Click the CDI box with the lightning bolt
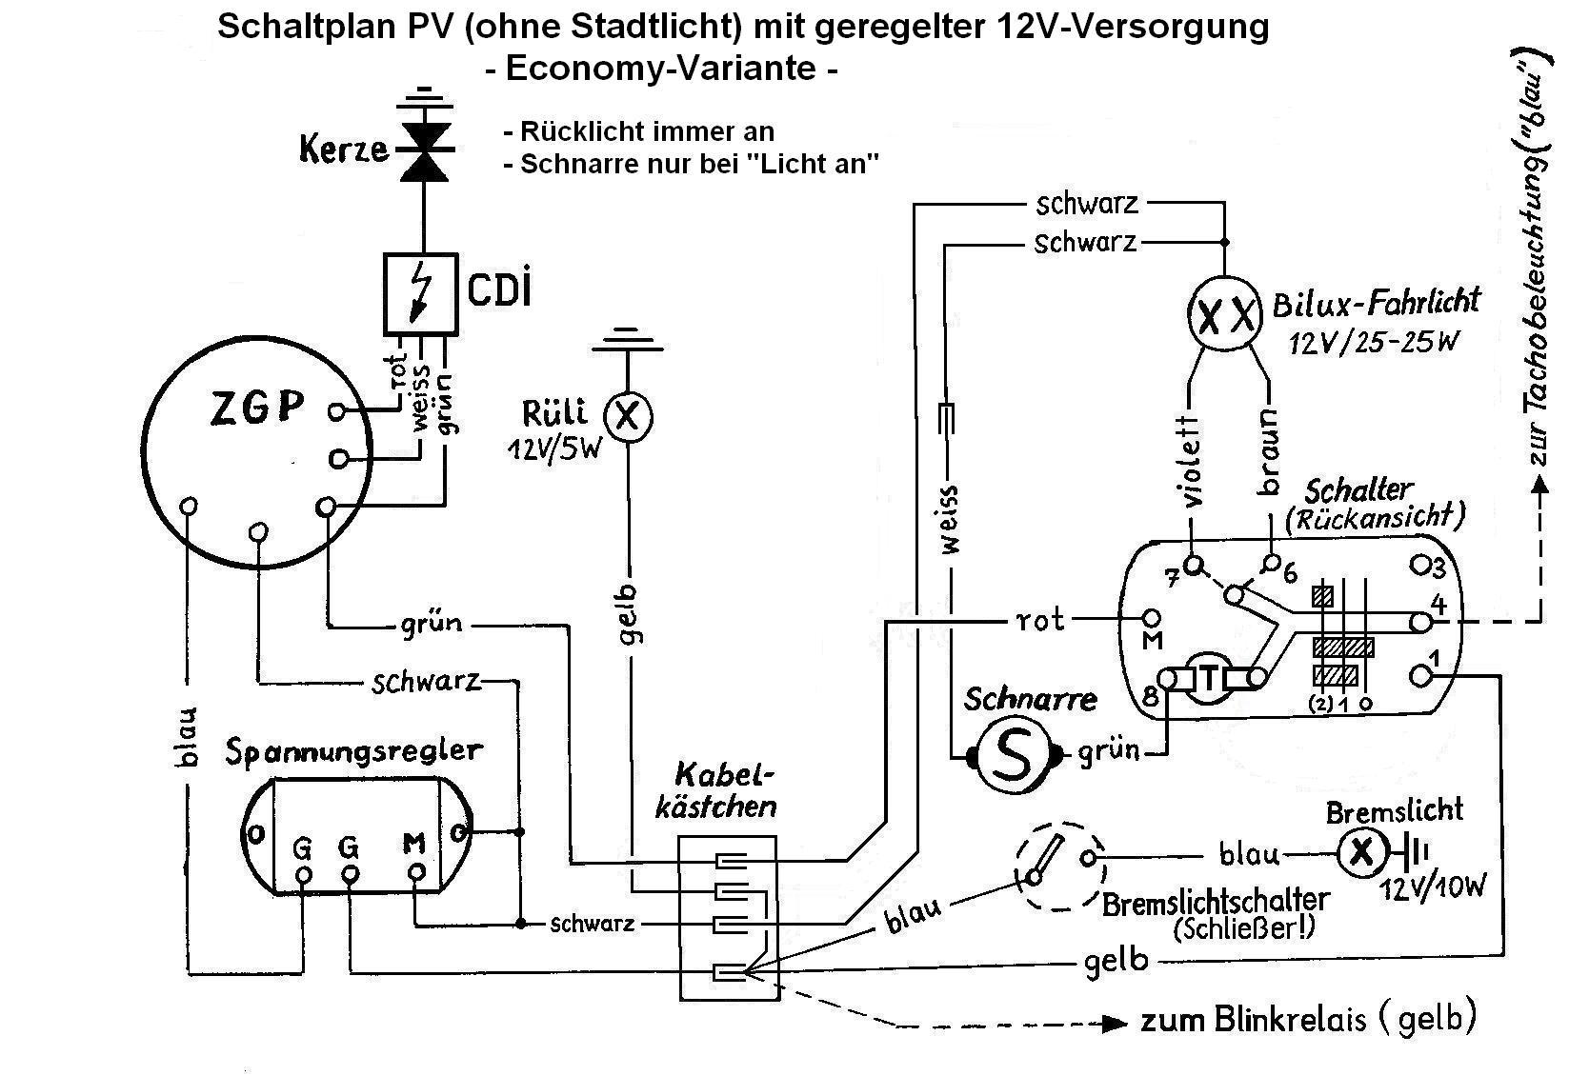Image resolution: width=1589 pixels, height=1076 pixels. click(x=421, y=293)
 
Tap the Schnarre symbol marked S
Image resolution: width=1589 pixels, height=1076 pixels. click(x=1013, y=756)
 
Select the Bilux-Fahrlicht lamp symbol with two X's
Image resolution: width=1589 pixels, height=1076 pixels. click(x=1224, y=313)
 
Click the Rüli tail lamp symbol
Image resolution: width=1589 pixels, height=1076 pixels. click(x=628, y=417)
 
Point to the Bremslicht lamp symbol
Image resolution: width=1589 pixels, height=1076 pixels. click(x=1361, y=853)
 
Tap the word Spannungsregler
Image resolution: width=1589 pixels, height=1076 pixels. click(x=353, y=753)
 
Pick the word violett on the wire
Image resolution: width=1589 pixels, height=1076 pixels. click(x=1193, y=462)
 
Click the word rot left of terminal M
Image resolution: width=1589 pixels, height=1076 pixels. click(x=1040, y=621)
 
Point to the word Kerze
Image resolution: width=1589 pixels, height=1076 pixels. click(x=344, y=149)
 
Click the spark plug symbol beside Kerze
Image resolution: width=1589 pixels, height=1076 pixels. click(x=424, y=151)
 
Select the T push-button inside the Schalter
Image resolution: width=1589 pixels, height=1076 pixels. click(x=1210, y=679)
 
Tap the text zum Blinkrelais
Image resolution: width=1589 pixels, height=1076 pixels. click(x=1253, y=1021)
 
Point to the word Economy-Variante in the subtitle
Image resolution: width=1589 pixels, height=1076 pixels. click(x=661, y=69)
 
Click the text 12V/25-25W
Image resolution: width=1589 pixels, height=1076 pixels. click(x=1374, y=343)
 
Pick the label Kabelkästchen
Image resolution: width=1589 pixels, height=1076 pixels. click(x=715, y=791)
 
